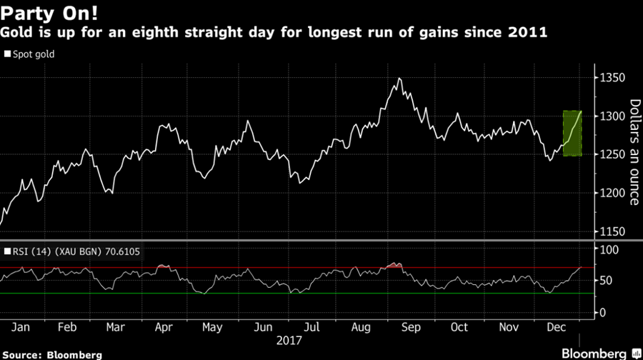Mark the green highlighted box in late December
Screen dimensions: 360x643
572,134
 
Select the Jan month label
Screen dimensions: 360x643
21,327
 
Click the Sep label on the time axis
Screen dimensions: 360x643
411,327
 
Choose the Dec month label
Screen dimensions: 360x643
557,327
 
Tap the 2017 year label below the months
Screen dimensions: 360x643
289,341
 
